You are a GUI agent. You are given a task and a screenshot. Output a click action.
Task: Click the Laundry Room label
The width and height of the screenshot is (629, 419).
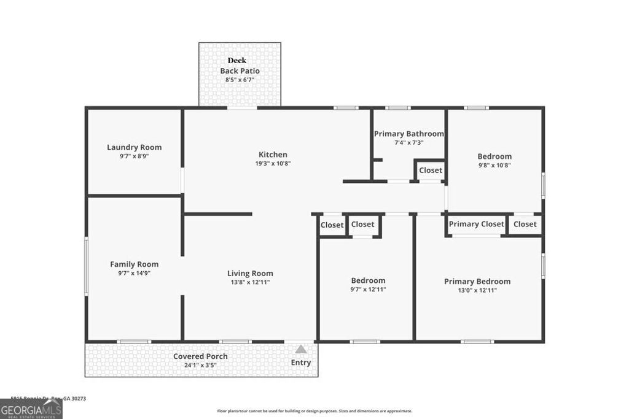click(x=134, y=147)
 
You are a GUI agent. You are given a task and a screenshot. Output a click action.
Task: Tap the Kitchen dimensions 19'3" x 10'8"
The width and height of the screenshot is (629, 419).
click(x=273, y=164)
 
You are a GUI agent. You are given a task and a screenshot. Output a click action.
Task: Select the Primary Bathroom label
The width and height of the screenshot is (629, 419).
click(x=408, y=134)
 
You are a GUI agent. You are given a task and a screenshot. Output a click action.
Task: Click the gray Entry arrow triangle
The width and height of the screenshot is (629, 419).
click(x=300, y=349)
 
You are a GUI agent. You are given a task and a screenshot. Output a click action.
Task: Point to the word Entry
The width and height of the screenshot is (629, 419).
click(x=300, y=363)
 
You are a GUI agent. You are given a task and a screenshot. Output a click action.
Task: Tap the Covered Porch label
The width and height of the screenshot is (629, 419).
click(x=200, y=356)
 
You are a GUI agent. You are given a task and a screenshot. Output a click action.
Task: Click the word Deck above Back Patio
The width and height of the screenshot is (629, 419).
click(x=237, y=61)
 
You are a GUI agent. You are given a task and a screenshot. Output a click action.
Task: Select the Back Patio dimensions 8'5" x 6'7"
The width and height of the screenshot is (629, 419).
click(x=240, y=80)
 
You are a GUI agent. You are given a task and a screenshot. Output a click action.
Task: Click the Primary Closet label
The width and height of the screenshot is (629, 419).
click(x=476, y=224)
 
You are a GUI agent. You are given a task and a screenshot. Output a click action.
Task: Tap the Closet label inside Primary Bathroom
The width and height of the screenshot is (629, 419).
click(x=430, y=170)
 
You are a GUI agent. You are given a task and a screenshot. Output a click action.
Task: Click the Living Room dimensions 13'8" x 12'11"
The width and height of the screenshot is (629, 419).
click(x=249, y=282)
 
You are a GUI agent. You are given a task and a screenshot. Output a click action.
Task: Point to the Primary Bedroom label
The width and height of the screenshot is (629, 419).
click(x=477, y=282)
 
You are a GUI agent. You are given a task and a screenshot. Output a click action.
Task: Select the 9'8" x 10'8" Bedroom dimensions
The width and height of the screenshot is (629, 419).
click(x=494, y=165)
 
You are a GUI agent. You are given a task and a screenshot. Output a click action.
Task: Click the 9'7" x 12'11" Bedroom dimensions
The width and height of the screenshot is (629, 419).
click(x=368, y=290)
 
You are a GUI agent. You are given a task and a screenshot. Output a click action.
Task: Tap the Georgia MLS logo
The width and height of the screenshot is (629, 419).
click(x=31, y=409)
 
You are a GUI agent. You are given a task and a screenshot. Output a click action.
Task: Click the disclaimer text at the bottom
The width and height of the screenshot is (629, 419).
click(x=314, y=411)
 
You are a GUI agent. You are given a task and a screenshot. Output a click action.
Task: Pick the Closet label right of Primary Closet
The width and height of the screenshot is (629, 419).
click(x=525, y=224)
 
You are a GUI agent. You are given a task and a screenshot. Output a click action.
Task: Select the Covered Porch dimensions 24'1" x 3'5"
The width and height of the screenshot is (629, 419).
click(x=200, y=365)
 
